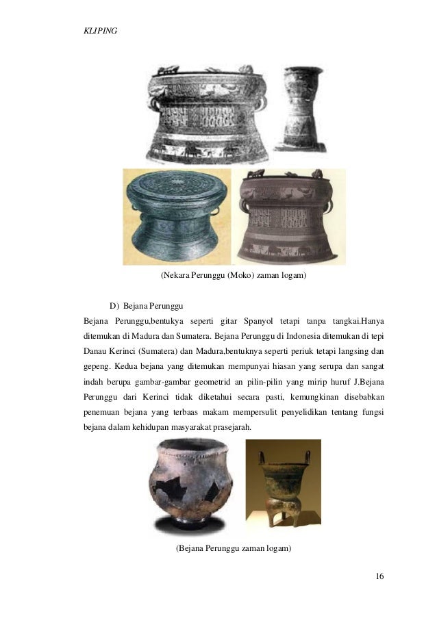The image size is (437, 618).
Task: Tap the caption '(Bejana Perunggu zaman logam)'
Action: click(x=234, y=548)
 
